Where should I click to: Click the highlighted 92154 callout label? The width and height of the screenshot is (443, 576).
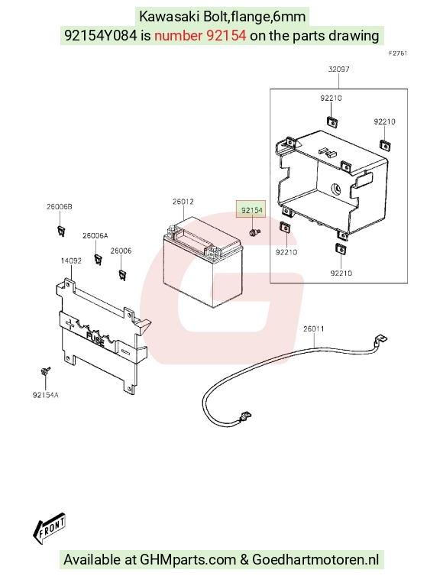[x=251, y=210]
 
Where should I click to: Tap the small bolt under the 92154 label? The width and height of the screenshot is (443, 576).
[x=254, y=232]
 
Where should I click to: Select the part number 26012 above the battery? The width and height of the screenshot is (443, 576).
[x=183, y=202]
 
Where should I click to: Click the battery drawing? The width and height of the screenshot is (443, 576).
[x=202, y=262]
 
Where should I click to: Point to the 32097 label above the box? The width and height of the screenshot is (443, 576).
[x=338, y=69]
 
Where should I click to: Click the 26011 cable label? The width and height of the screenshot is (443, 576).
[x=314, y=328]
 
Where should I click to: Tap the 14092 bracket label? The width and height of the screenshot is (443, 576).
[x=71, y=260]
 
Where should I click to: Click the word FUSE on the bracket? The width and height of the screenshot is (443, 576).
[x=95, y=340]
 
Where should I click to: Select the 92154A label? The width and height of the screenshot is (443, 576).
[x=46, y=395]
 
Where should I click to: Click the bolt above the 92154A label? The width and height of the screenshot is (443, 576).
[x=45, y=371]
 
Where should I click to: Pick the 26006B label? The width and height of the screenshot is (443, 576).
[x=59, y=206]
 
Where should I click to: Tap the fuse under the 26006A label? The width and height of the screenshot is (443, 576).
[x=98, y=259]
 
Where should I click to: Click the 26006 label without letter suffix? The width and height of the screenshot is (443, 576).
[x=121, y=251]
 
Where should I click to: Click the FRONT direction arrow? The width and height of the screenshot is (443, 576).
[x=49, y=529]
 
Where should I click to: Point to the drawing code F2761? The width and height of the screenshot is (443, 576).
[x=398, y=53]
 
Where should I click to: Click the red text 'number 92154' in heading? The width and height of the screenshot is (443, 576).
[x=200, y=36]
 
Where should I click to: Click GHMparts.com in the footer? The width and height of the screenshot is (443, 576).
[x=188, y=560]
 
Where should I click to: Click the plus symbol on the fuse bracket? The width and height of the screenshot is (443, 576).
[x=70, y=324]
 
